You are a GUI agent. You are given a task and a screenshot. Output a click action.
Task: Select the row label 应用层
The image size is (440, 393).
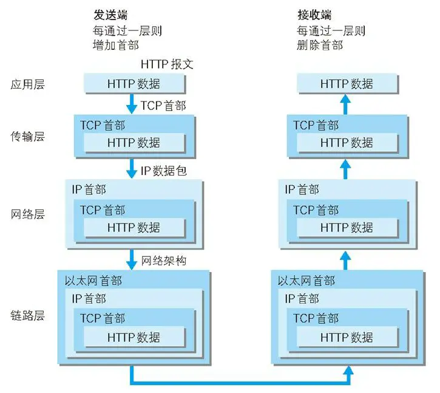tap(28, 84)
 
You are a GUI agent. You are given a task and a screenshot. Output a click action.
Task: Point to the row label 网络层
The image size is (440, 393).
tap(28, 214)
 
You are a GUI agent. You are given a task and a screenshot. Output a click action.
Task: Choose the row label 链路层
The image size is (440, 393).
tap(28, 316)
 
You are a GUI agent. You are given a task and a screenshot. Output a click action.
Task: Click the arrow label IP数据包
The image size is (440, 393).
tap(164, 171)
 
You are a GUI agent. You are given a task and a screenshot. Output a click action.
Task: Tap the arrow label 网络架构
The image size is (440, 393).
tap(163, 261)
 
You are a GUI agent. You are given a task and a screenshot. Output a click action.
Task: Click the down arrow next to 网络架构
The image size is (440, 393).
tap(132, 261)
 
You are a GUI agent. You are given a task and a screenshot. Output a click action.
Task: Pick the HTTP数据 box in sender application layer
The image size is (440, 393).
tap(134, 84)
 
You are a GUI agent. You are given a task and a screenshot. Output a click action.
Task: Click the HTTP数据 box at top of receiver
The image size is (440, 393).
tap(346, 84)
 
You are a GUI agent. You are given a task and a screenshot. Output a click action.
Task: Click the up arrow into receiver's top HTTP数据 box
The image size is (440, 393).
tap(346, 104)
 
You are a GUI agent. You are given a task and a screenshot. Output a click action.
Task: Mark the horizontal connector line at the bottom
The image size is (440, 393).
tap(240, 383)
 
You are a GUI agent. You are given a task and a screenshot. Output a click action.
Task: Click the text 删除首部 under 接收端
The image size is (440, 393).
tap(320, 45)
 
